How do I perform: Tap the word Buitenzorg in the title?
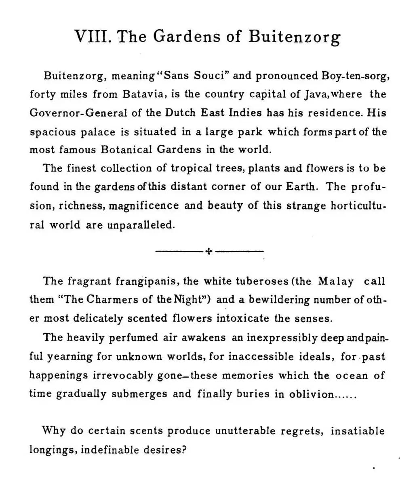[x=294, y=37]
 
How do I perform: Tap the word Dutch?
[x=181, y=113]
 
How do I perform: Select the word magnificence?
[x=144, y=206]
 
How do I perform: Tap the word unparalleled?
[x=141, y=225]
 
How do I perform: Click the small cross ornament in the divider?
[x=209, y=251]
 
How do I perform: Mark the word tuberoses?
[x=262, y=281]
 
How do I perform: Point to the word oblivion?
[x=312, y=394]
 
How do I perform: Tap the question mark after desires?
[x=183, y=450]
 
